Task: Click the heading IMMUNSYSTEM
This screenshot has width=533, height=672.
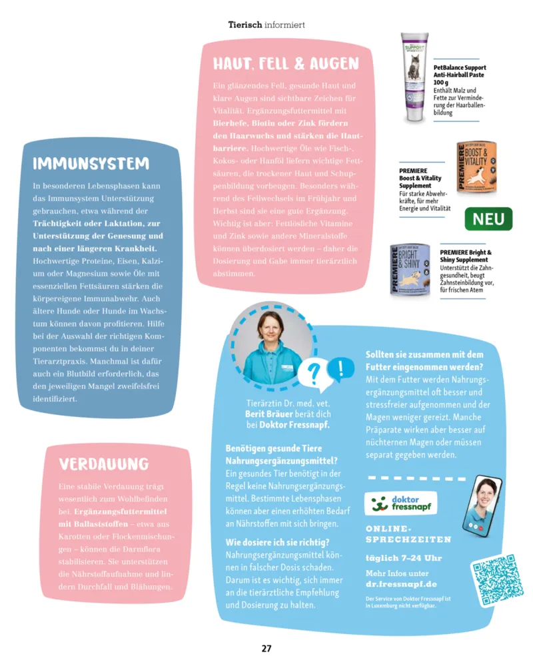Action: tap(91, 164)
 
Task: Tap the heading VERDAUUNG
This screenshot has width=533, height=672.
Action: tap(104, 464)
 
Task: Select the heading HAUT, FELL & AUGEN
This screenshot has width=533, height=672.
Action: tap(285, 64)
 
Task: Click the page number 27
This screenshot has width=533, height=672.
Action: tap(266, 648)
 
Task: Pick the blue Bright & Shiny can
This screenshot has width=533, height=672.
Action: tap(412, 270)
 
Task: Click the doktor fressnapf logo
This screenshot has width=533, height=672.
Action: tap(401, 503)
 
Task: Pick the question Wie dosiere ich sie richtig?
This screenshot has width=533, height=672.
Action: tap(277, 542)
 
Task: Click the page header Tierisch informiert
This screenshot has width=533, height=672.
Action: tap(266, 25)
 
